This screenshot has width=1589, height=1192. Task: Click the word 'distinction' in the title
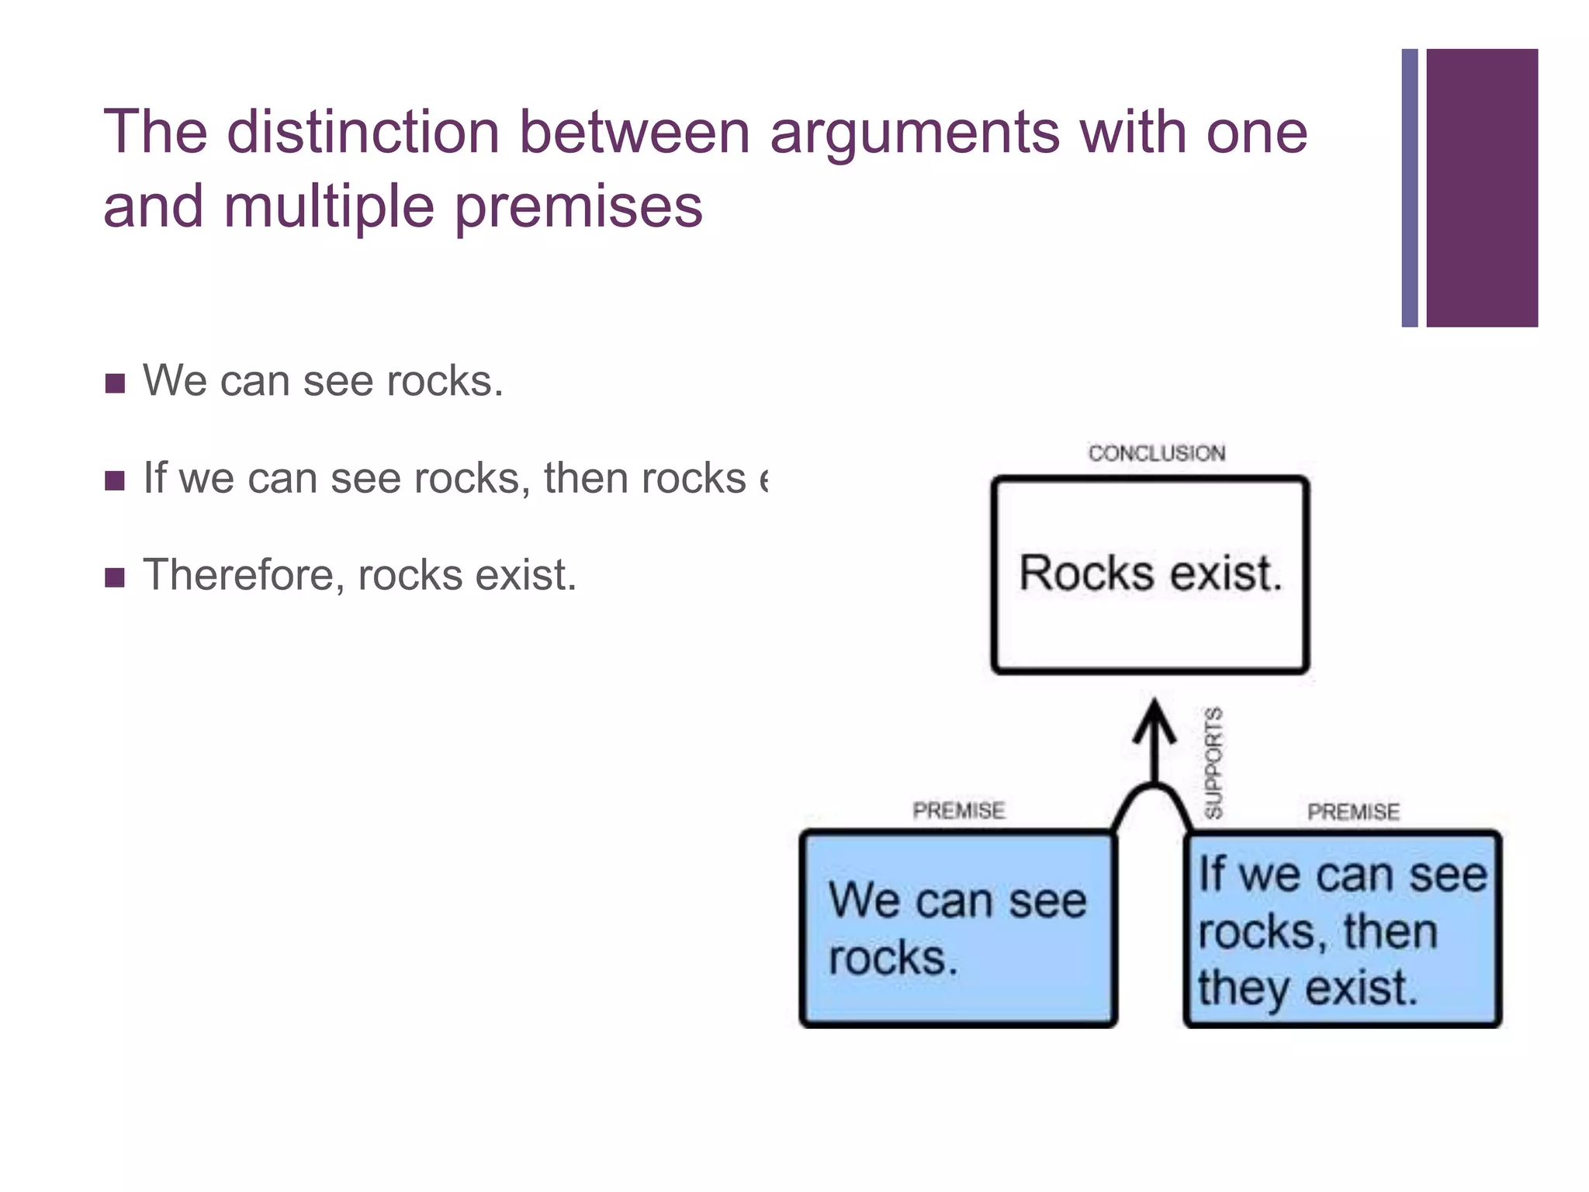pos(362,132)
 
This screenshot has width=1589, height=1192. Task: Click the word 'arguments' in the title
pos(914,132)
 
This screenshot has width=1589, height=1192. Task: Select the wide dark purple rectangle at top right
pos(1481,188)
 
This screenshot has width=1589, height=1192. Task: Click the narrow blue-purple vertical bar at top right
pos(1409,188)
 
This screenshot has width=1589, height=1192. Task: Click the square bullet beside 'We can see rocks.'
pos(115,383)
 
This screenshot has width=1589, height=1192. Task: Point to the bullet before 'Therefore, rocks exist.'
pos(115,577)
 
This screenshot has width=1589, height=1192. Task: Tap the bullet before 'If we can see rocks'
pos(115,480)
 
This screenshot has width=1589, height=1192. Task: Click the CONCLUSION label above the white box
pos(1156,453)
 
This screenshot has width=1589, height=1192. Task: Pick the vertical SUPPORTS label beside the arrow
pos(1213,762)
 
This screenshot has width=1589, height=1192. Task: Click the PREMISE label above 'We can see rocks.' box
pos(958,810)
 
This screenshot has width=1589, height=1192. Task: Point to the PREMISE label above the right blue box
pos(1353,812)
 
